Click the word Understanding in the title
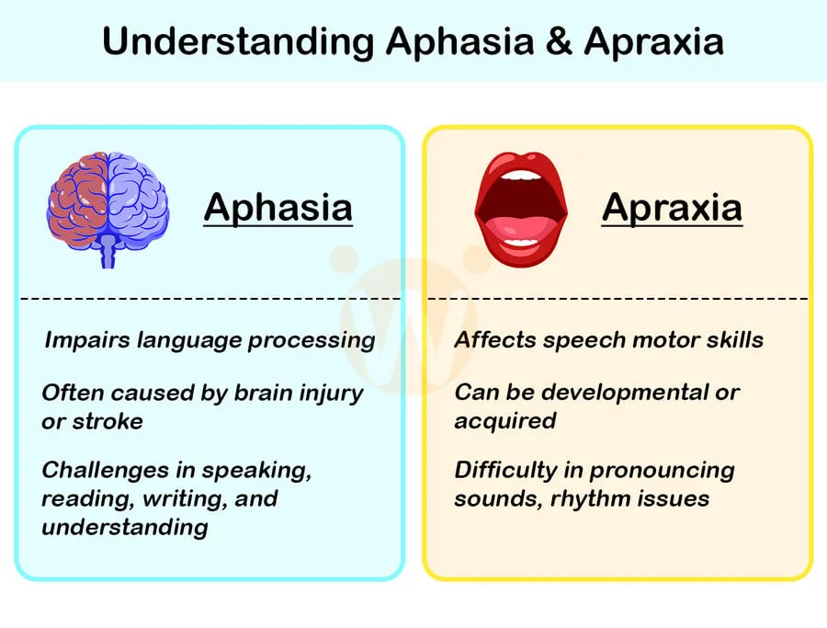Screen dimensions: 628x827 (237, 42)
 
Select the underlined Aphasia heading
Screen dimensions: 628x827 (278, 207)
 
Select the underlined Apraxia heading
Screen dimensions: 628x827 (672, 207)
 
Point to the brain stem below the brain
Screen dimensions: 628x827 (108, 250)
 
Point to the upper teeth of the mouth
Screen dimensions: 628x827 (521, 175)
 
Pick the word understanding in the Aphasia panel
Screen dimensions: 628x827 (124, 527)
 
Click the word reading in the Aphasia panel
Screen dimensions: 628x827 (80, 498)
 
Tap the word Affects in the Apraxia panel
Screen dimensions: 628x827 (495, 340)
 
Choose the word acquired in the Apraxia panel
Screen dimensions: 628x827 (504, 421)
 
